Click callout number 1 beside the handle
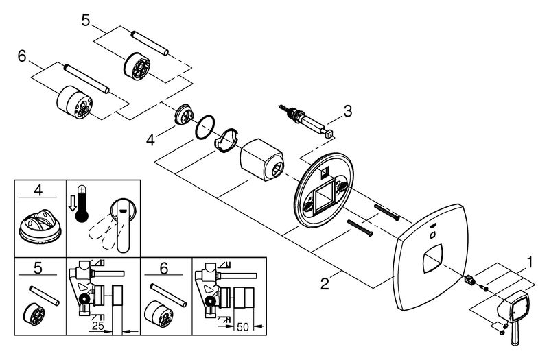[530, 261]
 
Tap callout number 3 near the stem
[348, 110]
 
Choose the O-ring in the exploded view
[204, 127]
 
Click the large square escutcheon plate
[429, 262]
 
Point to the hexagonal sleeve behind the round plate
[262, 158]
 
